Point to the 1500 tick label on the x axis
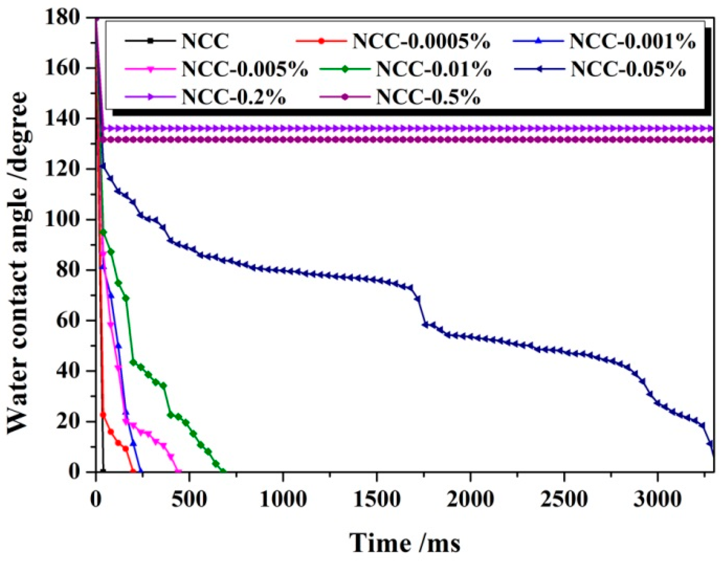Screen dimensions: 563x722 click(x=377, y=500)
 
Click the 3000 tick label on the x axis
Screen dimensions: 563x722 click(x=657, y=500)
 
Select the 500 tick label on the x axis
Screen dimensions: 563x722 click(x=189, y=500)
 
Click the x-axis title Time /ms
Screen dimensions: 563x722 click(x=404, y=543)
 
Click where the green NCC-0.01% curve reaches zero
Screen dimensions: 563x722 click(x=223, y=471)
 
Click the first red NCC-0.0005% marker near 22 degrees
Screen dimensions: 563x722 click(x=103, y=415)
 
